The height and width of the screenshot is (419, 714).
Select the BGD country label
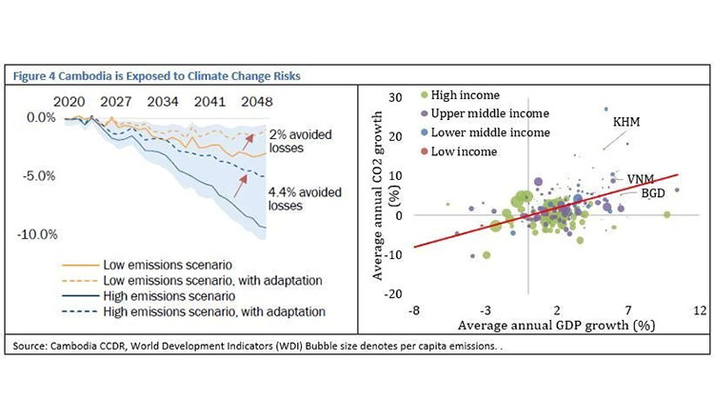tap(652, 193)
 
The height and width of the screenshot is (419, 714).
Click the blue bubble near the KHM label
tap(605, 110)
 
